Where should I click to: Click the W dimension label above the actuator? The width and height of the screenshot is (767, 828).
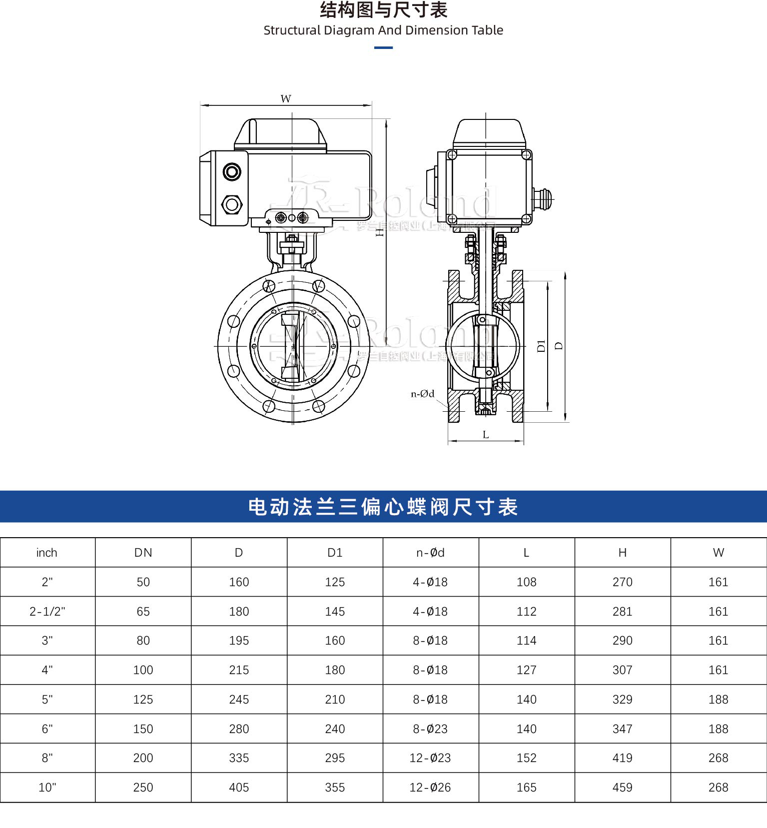285,98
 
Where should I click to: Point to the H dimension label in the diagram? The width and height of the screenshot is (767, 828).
380,231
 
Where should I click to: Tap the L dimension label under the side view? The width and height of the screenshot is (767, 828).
486,435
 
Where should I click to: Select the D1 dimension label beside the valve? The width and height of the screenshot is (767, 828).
541,345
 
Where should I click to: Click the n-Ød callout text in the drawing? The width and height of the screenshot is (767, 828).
423,394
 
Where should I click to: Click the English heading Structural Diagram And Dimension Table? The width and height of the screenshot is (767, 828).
383,30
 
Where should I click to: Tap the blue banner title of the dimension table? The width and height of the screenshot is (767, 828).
383,507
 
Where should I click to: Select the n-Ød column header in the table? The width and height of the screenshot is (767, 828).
430,553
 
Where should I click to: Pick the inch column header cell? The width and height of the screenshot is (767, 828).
47,553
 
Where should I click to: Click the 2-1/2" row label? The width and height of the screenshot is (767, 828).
47,611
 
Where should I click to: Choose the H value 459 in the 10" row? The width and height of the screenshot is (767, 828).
622,787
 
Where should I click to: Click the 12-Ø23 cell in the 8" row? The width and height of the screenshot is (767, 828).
430,758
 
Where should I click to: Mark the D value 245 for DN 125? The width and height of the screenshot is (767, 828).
239,699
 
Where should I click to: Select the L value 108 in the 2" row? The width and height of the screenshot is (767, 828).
526,582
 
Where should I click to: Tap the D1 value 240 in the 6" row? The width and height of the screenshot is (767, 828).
335,729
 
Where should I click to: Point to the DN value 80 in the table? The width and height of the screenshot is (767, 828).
143,641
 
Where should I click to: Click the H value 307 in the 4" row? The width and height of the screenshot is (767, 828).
622,670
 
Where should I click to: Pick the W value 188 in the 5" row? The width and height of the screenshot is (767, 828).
718,699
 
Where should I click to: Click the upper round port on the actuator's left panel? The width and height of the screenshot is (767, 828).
232,172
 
